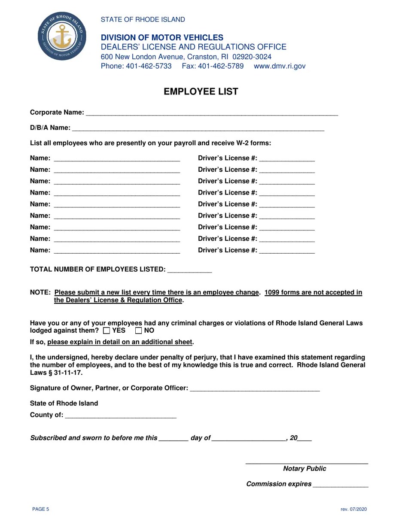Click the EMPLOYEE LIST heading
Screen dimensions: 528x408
pos(201,91)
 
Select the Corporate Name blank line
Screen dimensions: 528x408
pos(212,113)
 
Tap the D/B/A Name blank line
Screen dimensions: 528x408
pos(198,128)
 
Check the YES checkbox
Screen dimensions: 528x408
pos(107,331)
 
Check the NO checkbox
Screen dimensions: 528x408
pos(139,331)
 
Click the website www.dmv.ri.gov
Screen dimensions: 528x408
pos(280,66)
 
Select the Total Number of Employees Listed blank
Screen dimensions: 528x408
pos(189,270)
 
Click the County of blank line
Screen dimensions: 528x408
pos(121,416)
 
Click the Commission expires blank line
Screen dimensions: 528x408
pos(341,485)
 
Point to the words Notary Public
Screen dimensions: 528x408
pos(304,469)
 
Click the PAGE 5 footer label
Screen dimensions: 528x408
pos(41,510)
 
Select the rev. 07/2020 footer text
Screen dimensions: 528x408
pos(354,510)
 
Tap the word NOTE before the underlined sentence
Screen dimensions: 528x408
pos(40,293)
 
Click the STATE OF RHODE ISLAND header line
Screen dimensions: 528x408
pos(143,20)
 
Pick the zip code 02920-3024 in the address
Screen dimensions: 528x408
pos(252,57)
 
